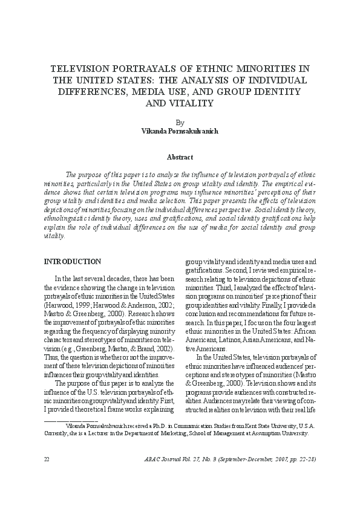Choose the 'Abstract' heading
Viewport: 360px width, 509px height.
pos(180,157)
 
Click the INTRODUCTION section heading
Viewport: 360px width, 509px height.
pos(73,261)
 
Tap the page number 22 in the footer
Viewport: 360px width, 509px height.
pos(47,459)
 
